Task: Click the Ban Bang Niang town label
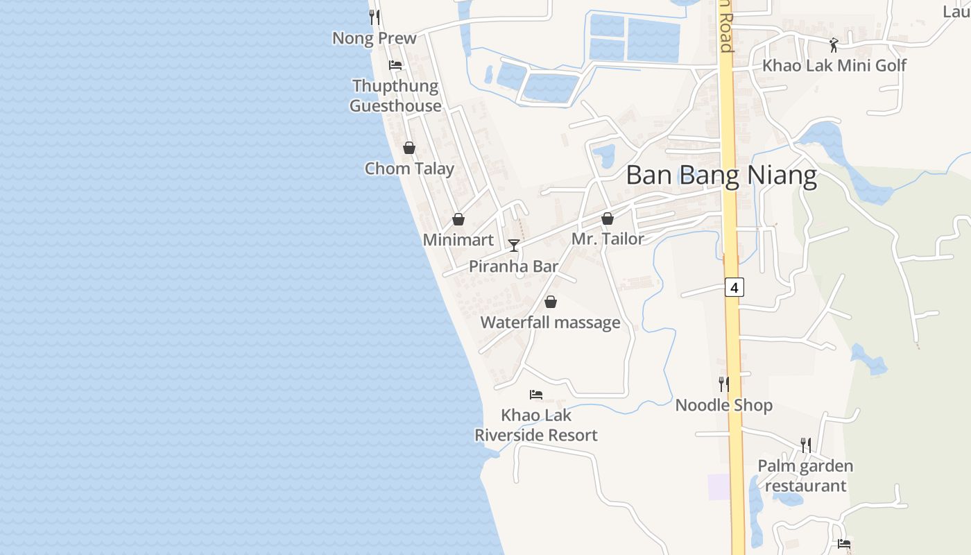click(721, 176)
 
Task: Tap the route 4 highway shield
click(734, 287)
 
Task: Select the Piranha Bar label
click(513, 266)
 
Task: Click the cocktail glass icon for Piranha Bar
click(514, 245)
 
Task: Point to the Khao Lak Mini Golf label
click(834, 66)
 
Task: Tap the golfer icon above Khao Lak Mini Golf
click(834, 45)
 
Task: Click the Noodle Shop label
click(723, 405)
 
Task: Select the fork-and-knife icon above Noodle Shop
click(723, 384)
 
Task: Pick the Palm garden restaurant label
click(805, 475)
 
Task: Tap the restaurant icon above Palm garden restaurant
click(805, 445)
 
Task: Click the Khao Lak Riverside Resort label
click(536, 425)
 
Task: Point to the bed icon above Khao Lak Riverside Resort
click(536, 395)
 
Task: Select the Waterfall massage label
click(550, 323)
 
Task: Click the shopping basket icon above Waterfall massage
click(550, 302)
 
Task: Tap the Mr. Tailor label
click(608, 239)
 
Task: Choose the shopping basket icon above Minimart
click(458, 219)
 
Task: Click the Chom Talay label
click(409, 169)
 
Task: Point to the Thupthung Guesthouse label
click(395, 96)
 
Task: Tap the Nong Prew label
click(375, 38)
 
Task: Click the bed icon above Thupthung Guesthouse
click(395, 65)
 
